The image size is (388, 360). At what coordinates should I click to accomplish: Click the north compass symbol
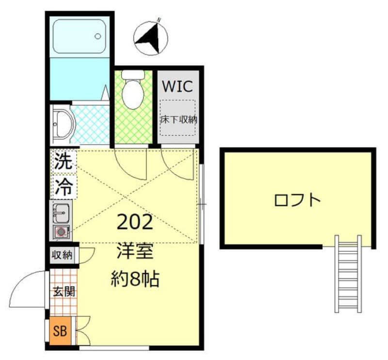pos(151,37)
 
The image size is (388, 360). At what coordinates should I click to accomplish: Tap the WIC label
pos(177,86)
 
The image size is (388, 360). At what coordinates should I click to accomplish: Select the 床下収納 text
pos(178,119)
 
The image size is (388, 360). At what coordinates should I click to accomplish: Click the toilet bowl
pos(132,92)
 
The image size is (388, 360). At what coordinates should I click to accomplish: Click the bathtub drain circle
pos(98,36)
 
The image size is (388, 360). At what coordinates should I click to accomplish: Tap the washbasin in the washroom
pos(63,123)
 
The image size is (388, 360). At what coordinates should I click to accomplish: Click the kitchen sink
pos(61,212)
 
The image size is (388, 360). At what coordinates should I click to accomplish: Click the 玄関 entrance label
pos(64,292)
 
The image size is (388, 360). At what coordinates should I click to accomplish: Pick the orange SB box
pos(60,332)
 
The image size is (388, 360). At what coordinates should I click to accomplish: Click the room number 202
pos(135,222)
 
